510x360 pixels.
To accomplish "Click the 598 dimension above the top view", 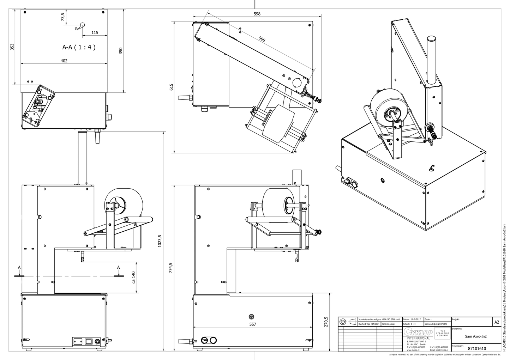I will tap(257, 14).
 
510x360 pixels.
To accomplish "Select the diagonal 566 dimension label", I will tap(262, 39).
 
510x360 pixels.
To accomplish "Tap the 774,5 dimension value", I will tap(171, 268).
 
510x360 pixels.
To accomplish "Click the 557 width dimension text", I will tap(252, 324).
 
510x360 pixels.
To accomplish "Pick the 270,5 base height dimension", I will tap(326, 322).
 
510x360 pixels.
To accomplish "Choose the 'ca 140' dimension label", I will tap(134, 277).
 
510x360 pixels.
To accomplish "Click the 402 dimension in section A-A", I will tap(64, 61).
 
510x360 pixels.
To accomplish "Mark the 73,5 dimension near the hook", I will tap(63, 17).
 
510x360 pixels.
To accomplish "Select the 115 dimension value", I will tap(95, 32).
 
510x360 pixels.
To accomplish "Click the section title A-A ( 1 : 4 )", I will tap(79, 47).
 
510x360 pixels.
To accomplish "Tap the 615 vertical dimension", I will tap(172, 87).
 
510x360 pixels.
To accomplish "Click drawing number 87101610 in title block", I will tap(476, 348).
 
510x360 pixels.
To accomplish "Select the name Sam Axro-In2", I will tap(475, 336).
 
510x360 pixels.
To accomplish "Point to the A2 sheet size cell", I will tap(497, 322).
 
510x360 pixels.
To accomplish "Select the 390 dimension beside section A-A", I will tap(120, 51).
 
